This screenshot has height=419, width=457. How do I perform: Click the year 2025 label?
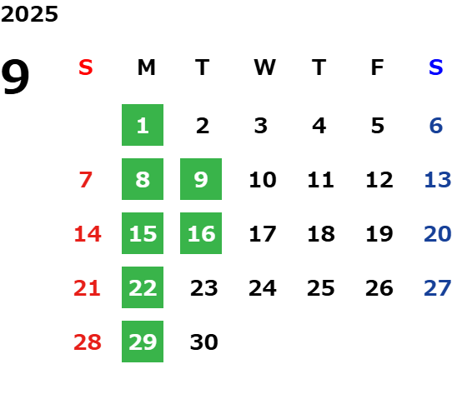29,14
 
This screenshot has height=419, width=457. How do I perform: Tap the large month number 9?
15,77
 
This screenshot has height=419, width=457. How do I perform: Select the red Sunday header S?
86,67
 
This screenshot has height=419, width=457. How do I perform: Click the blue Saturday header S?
436,67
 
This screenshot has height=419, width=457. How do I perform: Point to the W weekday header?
264,67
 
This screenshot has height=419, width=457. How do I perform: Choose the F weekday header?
378,67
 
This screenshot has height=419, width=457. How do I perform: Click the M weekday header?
146,67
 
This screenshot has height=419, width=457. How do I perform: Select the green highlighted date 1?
143,125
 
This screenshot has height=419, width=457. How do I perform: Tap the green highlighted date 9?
201,179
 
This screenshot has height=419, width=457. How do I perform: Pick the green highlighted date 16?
201,233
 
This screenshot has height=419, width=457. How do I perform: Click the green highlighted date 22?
143,287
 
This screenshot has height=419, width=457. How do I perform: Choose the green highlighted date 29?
143,342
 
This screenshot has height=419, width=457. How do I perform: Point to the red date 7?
86,180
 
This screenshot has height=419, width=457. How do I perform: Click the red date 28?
88,342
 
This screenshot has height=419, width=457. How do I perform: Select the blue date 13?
438,180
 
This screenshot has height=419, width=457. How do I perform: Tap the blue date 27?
438,288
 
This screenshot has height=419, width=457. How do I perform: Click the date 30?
204,342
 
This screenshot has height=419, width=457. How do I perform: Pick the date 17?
263,234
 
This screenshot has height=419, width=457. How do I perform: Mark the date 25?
321,288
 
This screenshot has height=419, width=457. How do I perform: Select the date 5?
378,126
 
